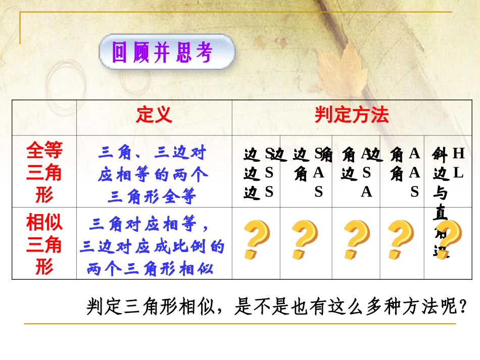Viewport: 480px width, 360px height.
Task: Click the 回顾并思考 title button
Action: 167,53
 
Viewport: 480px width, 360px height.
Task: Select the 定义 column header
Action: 154,116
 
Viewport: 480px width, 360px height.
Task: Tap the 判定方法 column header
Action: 352,116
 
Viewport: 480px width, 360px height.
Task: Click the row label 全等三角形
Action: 44,172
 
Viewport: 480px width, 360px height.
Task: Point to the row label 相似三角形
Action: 44,244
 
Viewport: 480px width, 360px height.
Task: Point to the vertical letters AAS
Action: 414,172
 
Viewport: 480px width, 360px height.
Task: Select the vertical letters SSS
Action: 269,172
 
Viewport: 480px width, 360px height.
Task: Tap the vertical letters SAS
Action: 319,172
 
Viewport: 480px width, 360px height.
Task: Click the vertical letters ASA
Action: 367,172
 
